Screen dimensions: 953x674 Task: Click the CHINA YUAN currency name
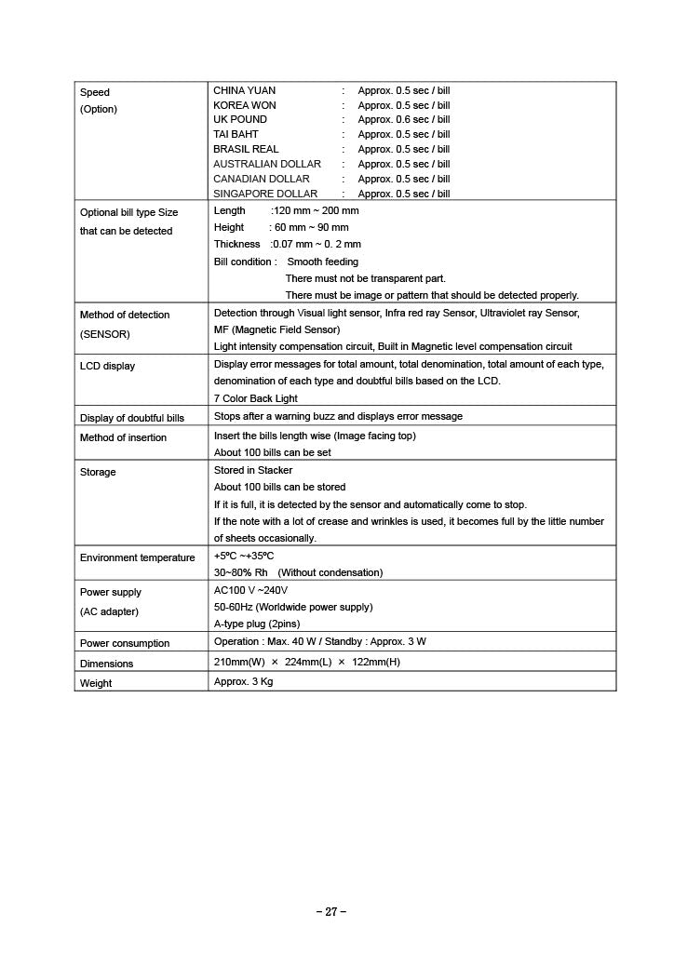(x=244, y=91)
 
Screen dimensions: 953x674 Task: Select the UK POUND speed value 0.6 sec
(x=403, y=120)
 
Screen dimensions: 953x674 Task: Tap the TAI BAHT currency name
(x=236, y=134)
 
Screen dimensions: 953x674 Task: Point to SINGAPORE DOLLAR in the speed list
(x=265, y=194)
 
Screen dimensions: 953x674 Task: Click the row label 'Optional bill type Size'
(x=128, y=213)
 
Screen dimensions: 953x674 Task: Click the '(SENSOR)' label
(x=105, y=333)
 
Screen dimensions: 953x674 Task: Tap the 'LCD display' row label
(x=107, y=367)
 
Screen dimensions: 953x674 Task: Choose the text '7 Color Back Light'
(x=256, y=398)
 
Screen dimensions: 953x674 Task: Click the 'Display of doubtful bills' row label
(x=132, y=418)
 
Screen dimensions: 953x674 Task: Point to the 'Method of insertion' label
(x=124, y=438)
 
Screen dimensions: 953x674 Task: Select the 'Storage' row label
(x=98, y=473)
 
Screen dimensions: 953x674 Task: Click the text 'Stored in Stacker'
(x=253, y=471)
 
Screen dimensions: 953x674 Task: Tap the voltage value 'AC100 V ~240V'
(x=250, y=591)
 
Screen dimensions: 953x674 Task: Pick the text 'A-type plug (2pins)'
(x=257, y=624)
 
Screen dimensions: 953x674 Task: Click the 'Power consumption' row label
(x=125, y=644)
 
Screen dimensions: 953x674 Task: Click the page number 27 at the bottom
(x=331, y=912)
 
